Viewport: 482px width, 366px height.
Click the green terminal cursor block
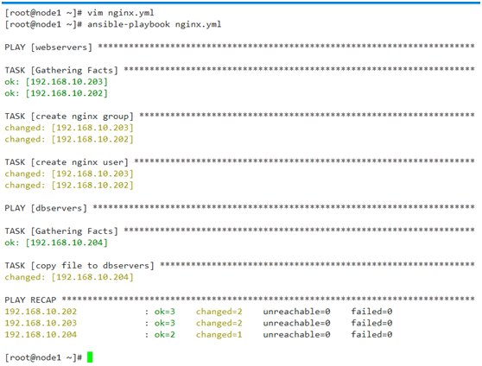point(90,357)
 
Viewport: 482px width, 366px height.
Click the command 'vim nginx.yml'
point(121,13)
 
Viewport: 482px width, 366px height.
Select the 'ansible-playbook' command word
point(129,24)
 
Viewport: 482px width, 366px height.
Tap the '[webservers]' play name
point(61,47)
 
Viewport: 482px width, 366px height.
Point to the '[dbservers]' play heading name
point(59,208)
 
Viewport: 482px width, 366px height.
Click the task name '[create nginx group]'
point(82,117)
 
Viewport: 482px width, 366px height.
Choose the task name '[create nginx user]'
point(79,162)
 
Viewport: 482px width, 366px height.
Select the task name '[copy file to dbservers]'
point(92,266)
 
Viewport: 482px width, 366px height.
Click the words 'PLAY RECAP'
point(30,300)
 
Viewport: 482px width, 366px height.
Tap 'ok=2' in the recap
point(165,335)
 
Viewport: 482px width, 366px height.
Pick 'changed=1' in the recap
point(219,335)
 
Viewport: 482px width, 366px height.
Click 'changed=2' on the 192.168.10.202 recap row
point(219,312)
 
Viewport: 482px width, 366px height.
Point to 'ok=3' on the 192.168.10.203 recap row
point(165,324)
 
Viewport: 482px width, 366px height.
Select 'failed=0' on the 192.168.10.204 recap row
point(371,335)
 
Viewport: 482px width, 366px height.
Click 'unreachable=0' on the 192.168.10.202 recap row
point(296,312)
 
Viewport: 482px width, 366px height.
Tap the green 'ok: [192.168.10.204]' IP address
point(67,243)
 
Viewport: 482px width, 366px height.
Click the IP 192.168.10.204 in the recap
point(41,335)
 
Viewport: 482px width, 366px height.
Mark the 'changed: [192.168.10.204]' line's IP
point(92,277)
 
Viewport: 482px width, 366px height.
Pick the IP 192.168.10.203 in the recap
point(41,324)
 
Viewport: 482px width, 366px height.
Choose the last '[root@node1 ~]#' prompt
point(43,357)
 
